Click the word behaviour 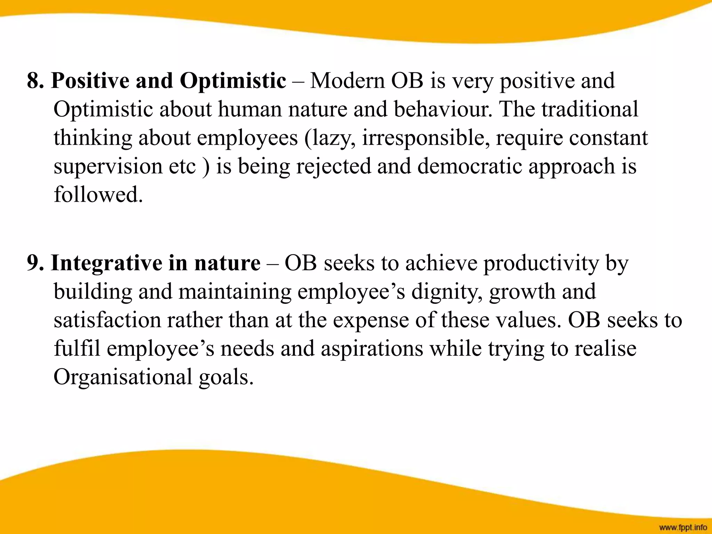click(443, 110)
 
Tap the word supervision click(108, 167)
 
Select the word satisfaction click(107, 320)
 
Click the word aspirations click(372, 349)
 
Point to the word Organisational click(123, 377)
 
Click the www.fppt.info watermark click(683, 528)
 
